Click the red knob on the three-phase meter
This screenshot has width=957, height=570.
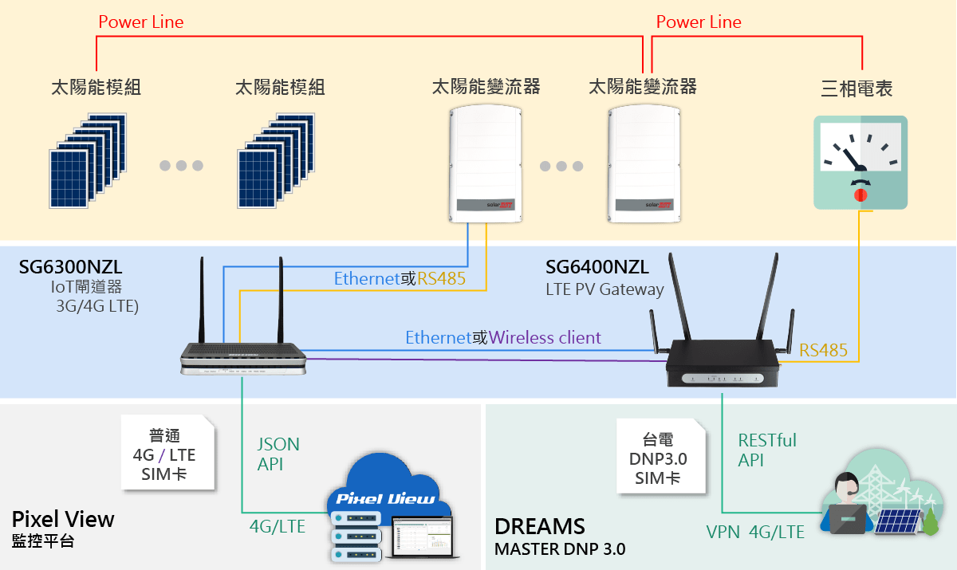(861, 195)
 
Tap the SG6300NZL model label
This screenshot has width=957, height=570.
(70, 267)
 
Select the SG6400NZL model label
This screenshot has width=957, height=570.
(597, 267)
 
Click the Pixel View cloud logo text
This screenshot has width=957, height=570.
(385, 499)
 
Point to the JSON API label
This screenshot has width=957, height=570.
(278, 454)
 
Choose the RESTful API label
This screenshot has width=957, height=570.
(767, 450)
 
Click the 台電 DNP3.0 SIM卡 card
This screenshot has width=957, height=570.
(660, 457)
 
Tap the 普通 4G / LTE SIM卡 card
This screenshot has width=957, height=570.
(167, 453)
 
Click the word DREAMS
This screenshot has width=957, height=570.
(540, 526)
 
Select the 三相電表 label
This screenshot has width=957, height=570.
(857, 88)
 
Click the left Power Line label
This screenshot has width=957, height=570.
(141, 22)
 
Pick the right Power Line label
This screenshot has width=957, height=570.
(699, 22)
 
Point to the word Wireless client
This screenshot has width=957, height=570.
(545, 338)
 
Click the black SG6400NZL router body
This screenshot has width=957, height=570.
(723, 363)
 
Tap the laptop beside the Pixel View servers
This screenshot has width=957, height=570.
(422, 537)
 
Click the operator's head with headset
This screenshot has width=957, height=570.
(846, 488)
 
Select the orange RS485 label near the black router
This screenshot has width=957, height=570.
(823, 351)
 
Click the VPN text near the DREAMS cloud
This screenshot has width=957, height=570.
(723, 533)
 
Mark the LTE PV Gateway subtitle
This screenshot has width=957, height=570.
(605, 289)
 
